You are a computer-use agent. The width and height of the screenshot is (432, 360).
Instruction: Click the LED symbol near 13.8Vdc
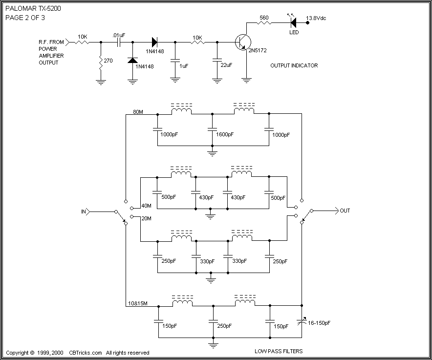[x=294, y=21]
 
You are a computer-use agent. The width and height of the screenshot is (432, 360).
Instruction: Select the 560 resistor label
[x=264, y=18]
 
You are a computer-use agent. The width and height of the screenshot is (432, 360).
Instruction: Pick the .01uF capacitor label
[x=119, y=35]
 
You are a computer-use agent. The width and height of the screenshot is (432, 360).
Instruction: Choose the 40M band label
[x=147, y=206]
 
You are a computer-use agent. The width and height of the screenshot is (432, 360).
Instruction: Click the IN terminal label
[x=84, y=212]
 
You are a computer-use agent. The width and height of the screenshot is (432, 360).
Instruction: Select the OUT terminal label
[x=345, y=211]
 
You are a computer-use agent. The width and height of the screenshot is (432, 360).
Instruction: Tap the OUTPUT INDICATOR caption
[x=294, y=65]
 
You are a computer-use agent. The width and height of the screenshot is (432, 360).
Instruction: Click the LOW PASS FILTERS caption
[x=279, y=351]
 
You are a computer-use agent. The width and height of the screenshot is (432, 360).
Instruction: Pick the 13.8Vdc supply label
[x=316, y=18]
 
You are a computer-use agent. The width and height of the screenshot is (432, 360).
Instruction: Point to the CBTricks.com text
[x=86, y=353]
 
